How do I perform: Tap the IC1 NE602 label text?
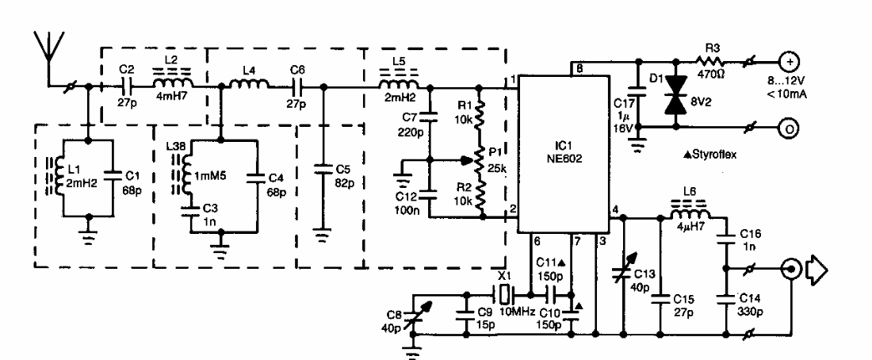[x=562, y=152]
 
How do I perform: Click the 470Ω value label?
[x=714, y=72]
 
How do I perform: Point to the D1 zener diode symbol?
[x=676, y=94]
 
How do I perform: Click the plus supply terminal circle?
[x=788, y=60]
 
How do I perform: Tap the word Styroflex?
[x=713, y=155]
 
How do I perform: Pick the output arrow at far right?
[x=817, y=271]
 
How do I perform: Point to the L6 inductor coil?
[x=690, y=215]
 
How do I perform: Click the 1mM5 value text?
[x=208, y=176]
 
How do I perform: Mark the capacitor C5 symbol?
[x=319, y=169]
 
